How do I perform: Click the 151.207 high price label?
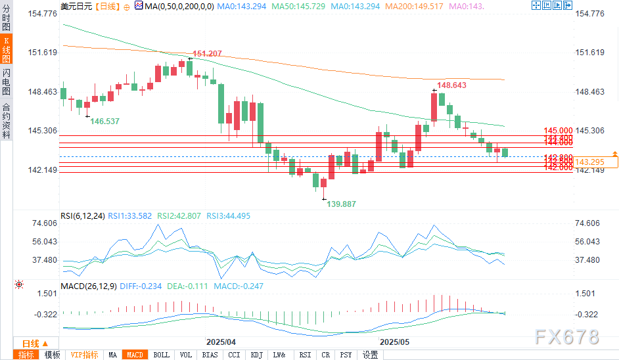point(207,54)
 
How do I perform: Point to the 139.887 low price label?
point(342,204)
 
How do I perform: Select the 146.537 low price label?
point(105,122)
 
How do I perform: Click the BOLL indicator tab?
point(161,355)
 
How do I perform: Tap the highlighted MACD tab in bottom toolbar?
point(135,355)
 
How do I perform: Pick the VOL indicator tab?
point(186,355)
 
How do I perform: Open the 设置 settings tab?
point(370,355)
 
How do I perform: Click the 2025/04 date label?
point(220,342)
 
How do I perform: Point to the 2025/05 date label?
point(394,342)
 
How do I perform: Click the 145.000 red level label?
point(559,131)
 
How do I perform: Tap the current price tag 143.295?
point(589,162)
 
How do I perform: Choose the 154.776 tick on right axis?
point(589,14)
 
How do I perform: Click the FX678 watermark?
point(566,337)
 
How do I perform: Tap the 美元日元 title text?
point(76,6)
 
